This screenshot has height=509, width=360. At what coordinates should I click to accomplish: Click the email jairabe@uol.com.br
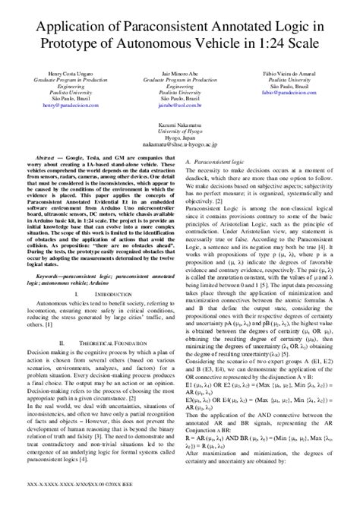pos(179,99)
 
